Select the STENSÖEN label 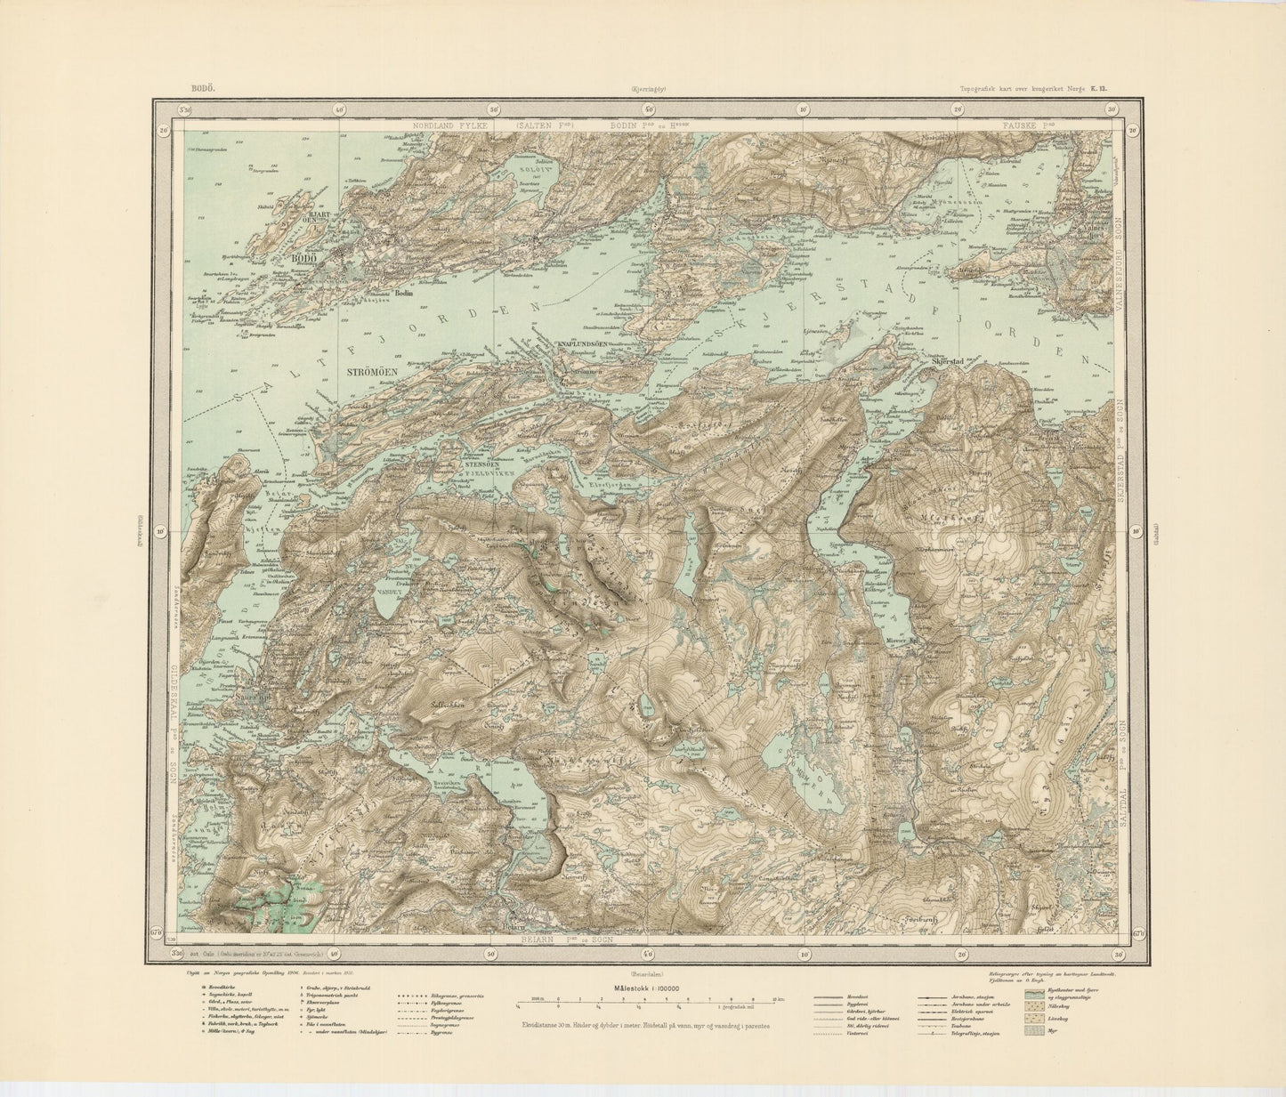pos(480,464)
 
